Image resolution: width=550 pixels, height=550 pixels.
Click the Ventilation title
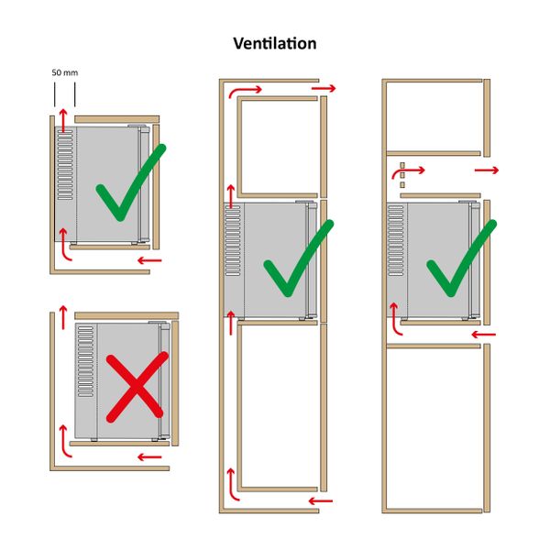275,43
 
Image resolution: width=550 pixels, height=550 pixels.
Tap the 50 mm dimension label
65,72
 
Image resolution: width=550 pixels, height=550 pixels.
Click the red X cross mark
137,387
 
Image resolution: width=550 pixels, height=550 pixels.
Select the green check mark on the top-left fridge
131,182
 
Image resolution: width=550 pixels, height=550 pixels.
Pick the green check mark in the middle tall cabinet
299,258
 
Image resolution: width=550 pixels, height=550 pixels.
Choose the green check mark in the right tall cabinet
462,258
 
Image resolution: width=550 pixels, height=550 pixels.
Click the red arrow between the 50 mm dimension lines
63,120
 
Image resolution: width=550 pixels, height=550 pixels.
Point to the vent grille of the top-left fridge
65,165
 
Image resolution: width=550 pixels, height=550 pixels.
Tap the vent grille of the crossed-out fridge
85,361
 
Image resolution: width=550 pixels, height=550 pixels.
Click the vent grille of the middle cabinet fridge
233,240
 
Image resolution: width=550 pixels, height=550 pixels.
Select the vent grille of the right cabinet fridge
396,240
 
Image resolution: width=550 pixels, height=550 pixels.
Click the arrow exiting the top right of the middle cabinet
324,88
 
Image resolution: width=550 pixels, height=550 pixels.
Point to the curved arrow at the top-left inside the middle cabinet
245,91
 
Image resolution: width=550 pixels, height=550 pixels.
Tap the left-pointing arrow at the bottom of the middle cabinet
321,500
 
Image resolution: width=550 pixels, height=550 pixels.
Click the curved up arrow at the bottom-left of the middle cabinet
232,484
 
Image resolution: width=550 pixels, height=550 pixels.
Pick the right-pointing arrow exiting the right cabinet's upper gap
487,170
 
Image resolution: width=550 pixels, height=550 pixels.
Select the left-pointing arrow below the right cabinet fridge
484,335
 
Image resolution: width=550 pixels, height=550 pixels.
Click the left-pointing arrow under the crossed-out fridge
149,457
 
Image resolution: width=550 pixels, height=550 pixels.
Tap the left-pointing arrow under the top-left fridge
149,260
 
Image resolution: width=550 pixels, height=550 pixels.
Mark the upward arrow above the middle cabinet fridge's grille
231,196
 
